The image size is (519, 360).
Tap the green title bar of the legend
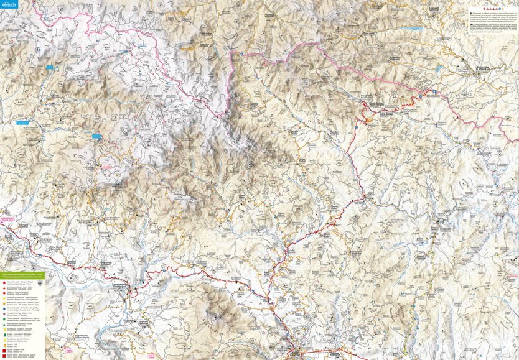coord(22,272)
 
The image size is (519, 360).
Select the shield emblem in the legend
coord(41,282)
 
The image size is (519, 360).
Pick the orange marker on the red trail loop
coord(368,119)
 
